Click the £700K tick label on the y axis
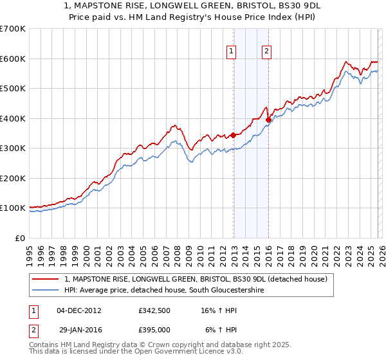(13, 29)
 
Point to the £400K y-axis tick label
(13, 118)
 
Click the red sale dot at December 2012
(234, 135)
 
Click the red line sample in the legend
(46, 279)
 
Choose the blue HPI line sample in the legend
(46, 291)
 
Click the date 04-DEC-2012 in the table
(78, 310)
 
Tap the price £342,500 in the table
(154, 310)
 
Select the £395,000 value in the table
(154, 329)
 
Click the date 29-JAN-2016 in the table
(78, 329)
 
